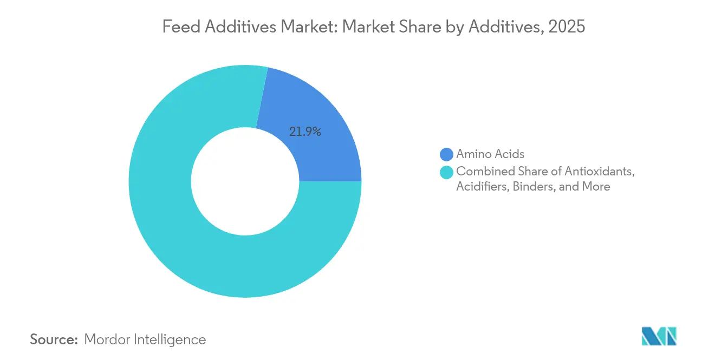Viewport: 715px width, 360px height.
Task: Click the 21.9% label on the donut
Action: (305, 132)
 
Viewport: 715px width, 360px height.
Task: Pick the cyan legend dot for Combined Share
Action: (446, 172)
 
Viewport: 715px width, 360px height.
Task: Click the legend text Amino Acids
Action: (490, 154)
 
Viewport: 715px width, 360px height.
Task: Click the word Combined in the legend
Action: (481, 171)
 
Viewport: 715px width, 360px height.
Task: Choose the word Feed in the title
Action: (177, 27)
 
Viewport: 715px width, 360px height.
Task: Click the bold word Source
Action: (54, 340)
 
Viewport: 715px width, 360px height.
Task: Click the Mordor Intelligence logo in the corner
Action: (659, 336)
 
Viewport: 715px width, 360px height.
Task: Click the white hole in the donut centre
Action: (245, 181)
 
